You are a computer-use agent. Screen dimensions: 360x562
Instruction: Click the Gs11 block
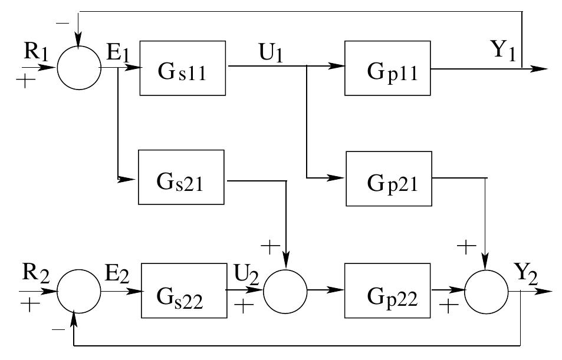[183, 68]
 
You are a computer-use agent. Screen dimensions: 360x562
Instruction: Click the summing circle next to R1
[79, 68]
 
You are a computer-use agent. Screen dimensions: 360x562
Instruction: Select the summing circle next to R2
[79, 292]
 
